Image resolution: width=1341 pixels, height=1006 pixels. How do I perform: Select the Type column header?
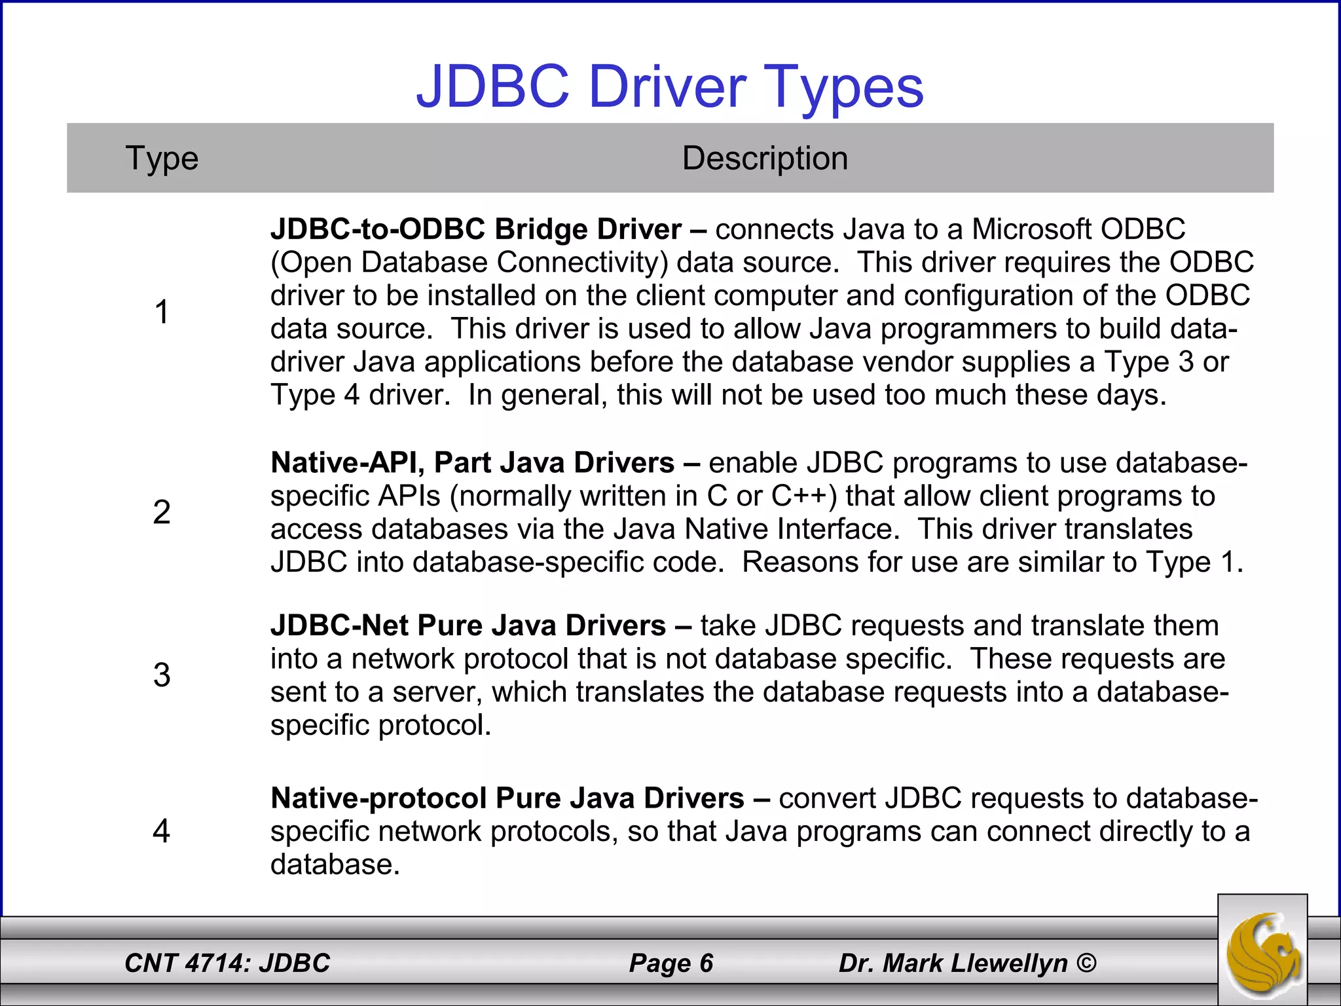click(x=162, y=158)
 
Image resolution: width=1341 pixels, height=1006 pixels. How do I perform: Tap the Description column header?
click(x=765, y=158)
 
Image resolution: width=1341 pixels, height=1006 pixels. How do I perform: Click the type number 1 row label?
click(x=162, y=312)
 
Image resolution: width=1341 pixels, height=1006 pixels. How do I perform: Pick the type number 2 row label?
click(x=162, y=512)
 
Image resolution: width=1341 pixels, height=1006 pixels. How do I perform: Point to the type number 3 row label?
click(x=162, y=675)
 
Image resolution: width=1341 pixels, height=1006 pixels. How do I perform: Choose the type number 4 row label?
click(x=162, y=831)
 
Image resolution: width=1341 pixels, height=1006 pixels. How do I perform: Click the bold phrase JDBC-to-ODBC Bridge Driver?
click(x=476, y=229)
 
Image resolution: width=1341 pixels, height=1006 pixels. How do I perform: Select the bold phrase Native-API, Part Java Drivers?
click(x=472, y=463)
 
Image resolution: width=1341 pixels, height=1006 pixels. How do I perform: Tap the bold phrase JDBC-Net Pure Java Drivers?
click(x=468, y=625)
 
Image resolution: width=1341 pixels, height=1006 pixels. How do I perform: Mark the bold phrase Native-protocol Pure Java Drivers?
click(x=507, y=798)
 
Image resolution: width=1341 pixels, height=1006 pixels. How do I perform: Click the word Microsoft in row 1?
click(x=1031, y=229)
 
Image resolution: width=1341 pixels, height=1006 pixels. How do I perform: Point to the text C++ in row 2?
click(x=803, y=496)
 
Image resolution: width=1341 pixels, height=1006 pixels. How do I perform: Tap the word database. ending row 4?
click(x=335, y=865)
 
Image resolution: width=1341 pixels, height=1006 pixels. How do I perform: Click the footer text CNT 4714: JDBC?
click(x=227, y=963)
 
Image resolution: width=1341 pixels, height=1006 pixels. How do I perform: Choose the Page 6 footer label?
click(x=670, y=963)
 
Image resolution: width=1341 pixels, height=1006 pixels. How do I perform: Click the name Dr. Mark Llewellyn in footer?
click(x=953, y=963)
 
